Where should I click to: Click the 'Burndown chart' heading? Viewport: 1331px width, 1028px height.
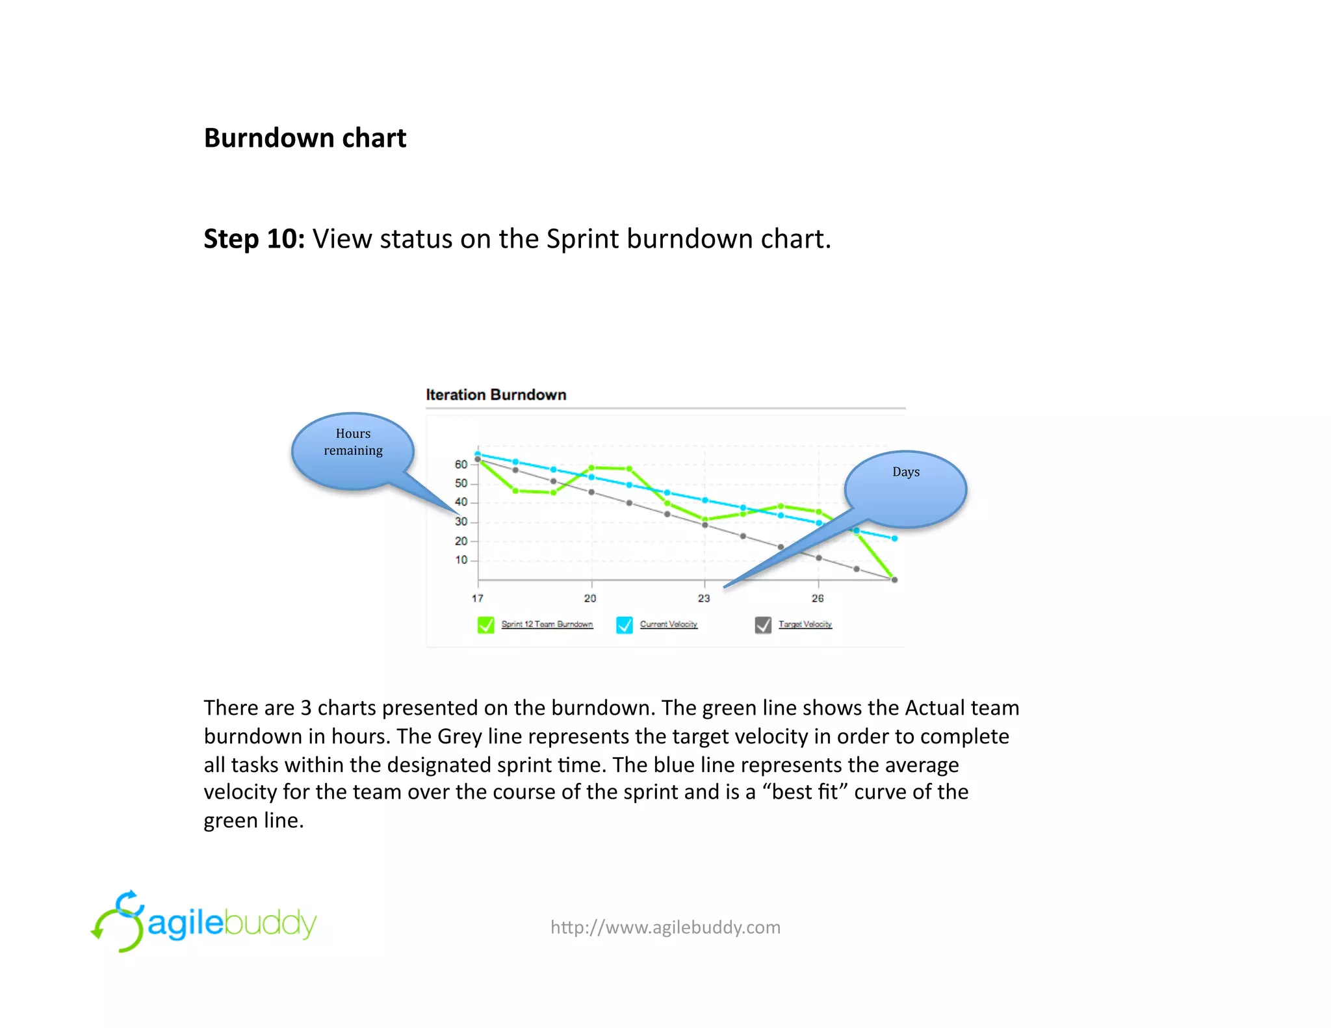[305, 138]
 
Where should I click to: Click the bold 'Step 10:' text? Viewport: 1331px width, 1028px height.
[254, 239]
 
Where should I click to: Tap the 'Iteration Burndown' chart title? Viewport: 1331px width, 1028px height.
[496, 395]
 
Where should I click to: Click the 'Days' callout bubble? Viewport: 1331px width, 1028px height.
[905, 487]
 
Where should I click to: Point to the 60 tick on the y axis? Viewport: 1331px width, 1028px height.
[461, 465]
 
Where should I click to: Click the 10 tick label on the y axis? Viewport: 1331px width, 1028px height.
[461, 560]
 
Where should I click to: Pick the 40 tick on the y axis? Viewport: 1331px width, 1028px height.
[461, 502]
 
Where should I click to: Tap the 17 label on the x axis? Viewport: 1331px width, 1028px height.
[478, 598]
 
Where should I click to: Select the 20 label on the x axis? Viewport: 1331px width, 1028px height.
[590, 598]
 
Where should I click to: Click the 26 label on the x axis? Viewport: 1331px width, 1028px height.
[818, 598]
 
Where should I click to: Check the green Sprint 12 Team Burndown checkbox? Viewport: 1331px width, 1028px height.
[485, 625]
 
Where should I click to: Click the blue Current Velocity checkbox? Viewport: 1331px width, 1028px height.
[624, 625]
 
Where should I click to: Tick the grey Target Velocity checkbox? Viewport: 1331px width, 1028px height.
[763, 625]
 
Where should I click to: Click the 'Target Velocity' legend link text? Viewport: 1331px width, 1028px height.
[805, 624]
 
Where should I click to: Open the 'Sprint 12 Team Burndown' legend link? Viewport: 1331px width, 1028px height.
[547, 624]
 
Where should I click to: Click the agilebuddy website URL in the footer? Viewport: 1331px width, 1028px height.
[665, 927]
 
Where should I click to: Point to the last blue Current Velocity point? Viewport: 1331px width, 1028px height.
[894, 539]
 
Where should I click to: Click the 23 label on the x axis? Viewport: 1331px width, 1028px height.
[704, 598]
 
